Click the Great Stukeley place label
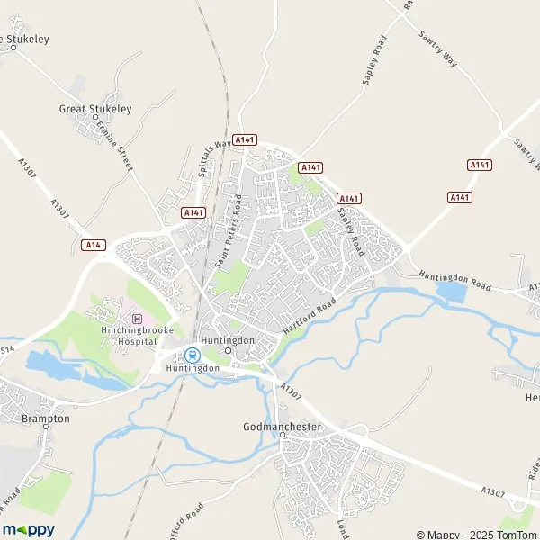(x=95, y=109)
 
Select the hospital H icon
(x=137, y=318)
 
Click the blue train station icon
(x=193, y=354)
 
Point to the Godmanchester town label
(x=283, y=424)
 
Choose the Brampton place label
(x=48, y=418)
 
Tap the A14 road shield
(x=92, y=245)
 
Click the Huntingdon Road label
(x=454, y=281)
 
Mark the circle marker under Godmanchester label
(x=282, y=435)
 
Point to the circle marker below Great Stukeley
(x=94, y=119)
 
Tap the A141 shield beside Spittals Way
(x=245, y=139)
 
